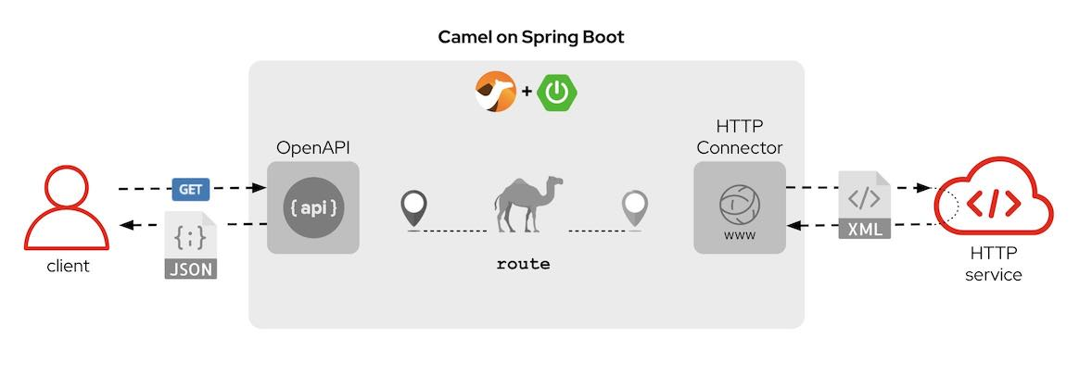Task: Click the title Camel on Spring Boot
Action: pos(531,38)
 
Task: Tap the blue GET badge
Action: pos(190,189)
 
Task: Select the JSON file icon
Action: pos(190,245)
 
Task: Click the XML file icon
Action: pos(864,206)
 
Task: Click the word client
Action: pos(68,267)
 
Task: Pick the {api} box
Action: pos(313,208)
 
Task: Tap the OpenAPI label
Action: pos(313,148)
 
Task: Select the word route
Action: pos(524,265)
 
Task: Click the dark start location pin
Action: pos(413,208)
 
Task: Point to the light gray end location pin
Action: pos(635,208)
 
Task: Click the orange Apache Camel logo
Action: pos(496,93)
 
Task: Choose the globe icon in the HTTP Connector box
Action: pos(740,201)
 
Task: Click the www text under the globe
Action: pos(740,235)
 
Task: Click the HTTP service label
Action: pos(994,264)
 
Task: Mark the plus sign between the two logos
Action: pos(527,92)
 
